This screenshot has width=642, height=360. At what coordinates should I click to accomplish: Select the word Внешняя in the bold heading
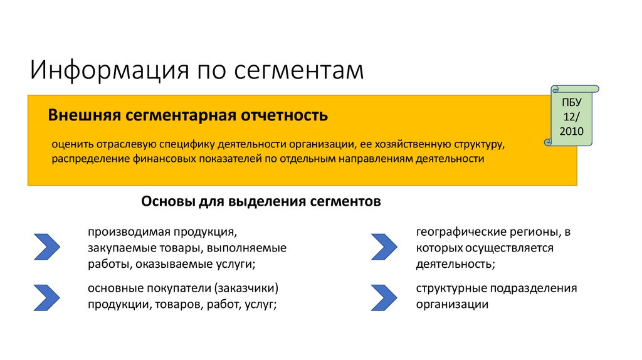(84, 116)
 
